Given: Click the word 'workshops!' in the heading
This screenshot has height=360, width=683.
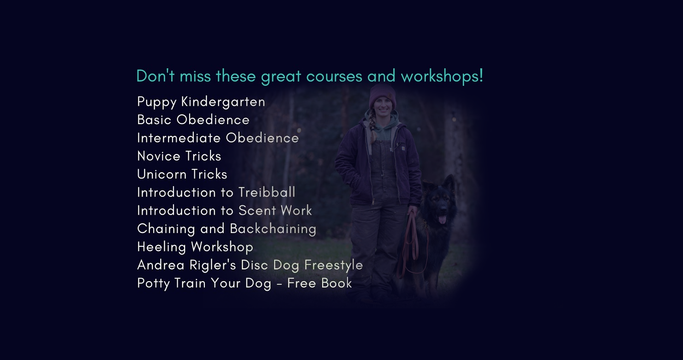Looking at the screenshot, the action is [x=442, y=76].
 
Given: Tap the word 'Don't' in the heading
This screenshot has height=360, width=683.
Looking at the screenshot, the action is [x=155, y=76].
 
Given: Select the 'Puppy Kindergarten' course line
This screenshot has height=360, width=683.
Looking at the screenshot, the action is [x=201, y=102].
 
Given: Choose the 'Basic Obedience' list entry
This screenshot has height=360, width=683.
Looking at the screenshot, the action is [x=193, y=120].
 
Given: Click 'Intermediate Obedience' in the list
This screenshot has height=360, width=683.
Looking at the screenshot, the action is [x=218, y=138].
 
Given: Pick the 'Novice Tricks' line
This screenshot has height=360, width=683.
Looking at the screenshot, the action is [x=179, y=156].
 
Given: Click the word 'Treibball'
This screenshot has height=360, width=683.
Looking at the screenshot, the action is [x=267, y=192].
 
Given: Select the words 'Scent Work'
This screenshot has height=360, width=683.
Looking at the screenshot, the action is [x=276, y=210].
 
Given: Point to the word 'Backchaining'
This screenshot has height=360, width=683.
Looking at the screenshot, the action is [x=273, y=229].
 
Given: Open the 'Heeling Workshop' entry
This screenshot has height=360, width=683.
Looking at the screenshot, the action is [x=195, y=247].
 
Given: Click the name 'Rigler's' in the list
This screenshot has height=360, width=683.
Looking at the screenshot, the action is [x=213, y=265].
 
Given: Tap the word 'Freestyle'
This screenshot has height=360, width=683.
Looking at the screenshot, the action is [x=334, y=265].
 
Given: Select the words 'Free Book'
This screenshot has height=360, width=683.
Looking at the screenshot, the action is [x=319, y=283].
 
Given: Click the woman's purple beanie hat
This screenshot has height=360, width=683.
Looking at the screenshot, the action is [x=383, y=96].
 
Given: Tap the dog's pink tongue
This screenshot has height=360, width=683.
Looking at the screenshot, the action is [x=442, y=220].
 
